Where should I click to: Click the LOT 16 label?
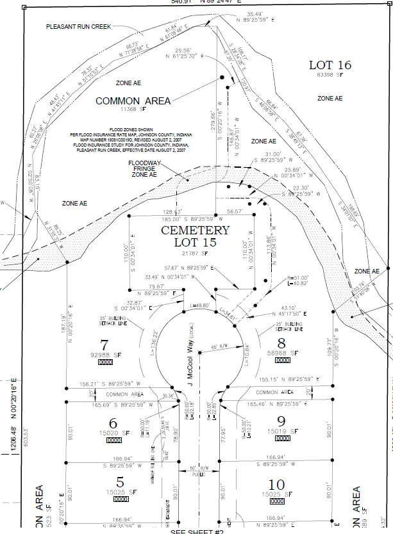[330, 65]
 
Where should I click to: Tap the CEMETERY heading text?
[195, 230]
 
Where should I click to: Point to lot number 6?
[113, 423]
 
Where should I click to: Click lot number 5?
[119, 481]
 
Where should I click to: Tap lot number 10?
[277, 483]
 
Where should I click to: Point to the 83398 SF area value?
[330, 76]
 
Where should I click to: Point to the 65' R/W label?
[219, 348]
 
